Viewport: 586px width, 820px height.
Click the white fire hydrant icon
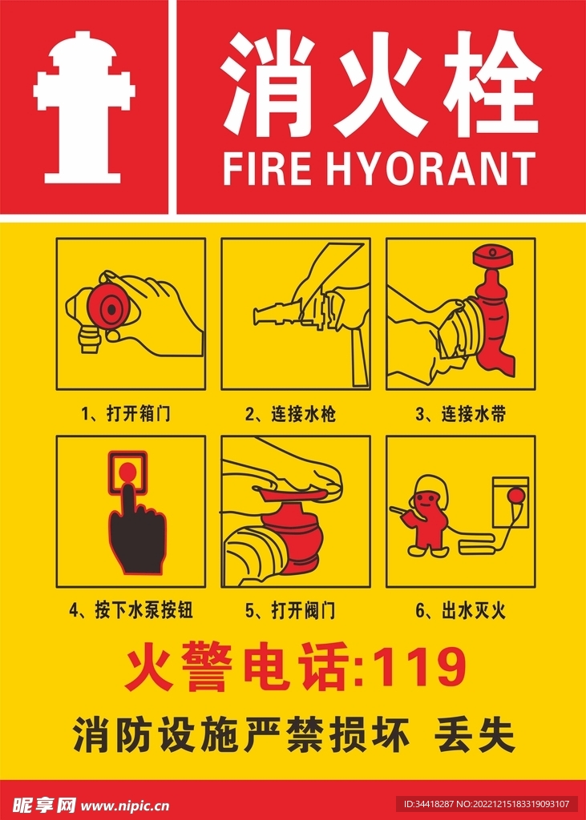tap(84, 107)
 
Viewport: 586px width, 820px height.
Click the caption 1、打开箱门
tap(126, 415)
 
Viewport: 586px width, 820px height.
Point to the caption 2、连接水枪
tap(291, 415)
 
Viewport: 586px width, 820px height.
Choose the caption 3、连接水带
tap(461, 415)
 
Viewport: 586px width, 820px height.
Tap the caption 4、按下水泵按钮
tap(131, 610)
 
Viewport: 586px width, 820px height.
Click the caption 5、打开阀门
tap(291, 610)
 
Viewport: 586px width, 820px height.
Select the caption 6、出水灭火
tap(461, 610)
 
